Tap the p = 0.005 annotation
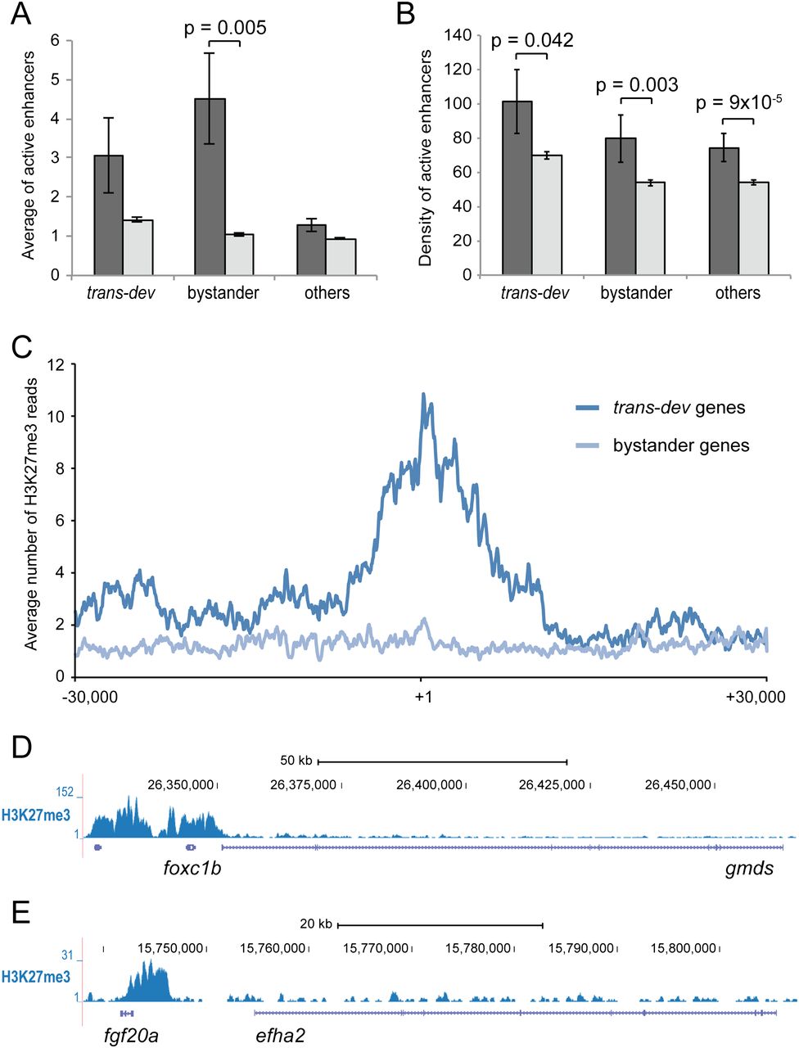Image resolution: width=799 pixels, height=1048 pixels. coord(225,28)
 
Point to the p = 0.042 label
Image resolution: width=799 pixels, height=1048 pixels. coord(532,40)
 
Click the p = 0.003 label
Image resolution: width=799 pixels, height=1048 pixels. coord(636,84)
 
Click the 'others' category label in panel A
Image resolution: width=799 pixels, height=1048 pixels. coord(327,293)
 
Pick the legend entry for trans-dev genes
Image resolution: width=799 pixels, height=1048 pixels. coord(679,408)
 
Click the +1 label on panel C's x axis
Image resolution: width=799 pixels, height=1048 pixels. coord(422,697)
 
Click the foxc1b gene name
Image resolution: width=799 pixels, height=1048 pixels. coord(192,869)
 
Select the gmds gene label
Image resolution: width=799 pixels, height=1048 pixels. coord(749,869)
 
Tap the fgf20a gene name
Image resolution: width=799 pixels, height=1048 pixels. coord(132,1036)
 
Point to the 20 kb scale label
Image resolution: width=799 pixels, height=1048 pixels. coord(316,924)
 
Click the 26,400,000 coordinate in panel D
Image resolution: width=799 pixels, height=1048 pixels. coord(430,785)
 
